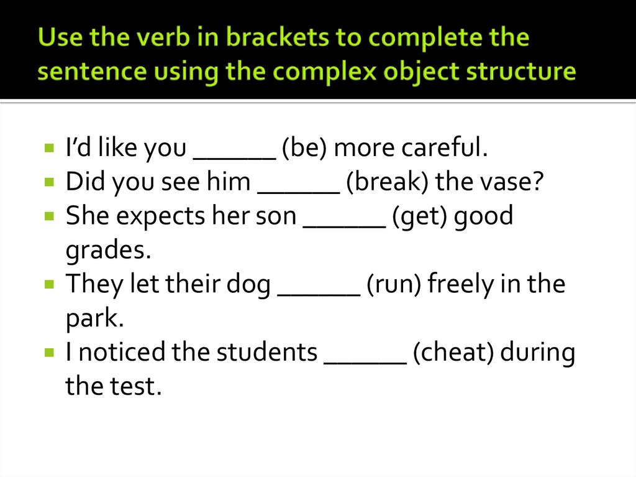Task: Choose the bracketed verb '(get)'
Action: (421, 216)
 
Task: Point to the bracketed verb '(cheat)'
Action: (453, 352)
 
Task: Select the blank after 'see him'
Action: (299, 189)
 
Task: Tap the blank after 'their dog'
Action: (319, 292)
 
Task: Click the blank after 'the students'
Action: (366, 359)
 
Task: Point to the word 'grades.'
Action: (109, 250)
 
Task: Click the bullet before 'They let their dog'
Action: (49, 284)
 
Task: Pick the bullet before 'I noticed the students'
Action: (49, 353)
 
